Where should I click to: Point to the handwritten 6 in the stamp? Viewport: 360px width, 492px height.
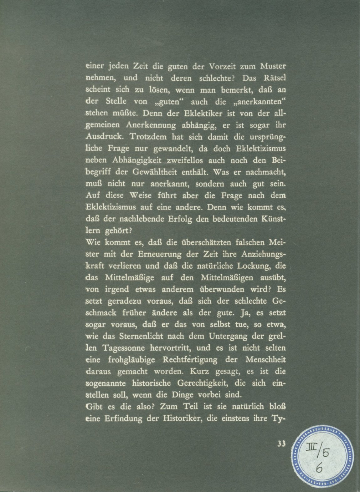(319, 469)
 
